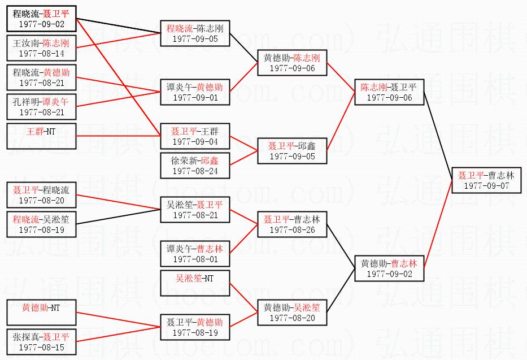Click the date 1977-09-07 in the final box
click(x=486, y=185)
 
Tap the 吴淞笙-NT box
click(x=195, y=283)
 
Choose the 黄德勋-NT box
click(x=41, y=313)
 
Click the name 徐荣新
click(x=184, y=161)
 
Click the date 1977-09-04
click(x=195, y=141)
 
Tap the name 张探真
click(x=25, y=337)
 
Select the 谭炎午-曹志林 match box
click(x=195, y=253)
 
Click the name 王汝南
click(x=26, y=43)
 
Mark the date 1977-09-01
click(x=195, y=97)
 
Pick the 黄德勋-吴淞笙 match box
click(x=292, y=312)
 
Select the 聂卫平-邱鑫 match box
click(x=292, y=151)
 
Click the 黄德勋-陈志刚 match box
click(x=292, y=63)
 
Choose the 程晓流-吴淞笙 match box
click(x=41, y=224)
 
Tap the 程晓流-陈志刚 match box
click(x=195, y=33)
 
